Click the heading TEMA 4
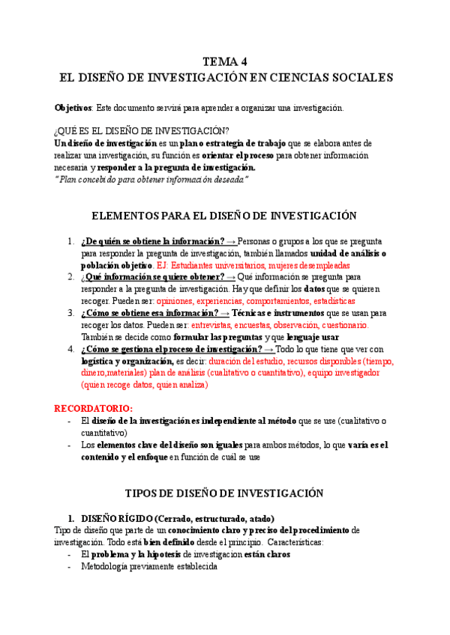pyautogui.click(x=224, y=61)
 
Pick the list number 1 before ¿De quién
pyautogui.click(x=70, y=242)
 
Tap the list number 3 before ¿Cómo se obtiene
pyautogui.click(x=70, y=313)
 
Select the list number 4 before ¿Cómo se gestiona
pyautogui.click(x=70, y=349)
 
